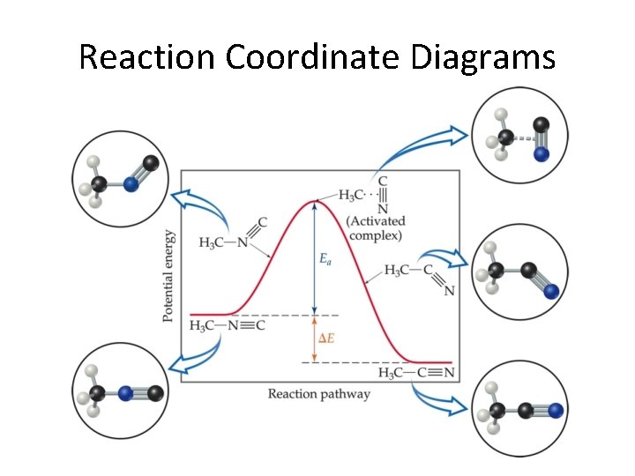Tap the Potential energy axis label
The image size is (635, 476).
168,276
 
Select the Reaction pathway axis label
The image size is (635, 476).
319,394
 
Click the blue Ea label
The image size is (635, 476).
325,259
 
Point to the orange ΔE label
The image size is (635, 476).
325,338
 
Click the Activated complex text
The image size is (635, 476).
377,228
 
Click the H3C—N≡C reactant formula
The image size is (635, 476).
227,326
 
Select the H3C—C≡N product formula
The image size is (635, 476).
417,373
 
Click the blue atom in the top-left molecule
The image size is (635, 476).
131,184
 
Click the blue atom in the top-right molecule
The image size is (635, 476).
542,153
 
